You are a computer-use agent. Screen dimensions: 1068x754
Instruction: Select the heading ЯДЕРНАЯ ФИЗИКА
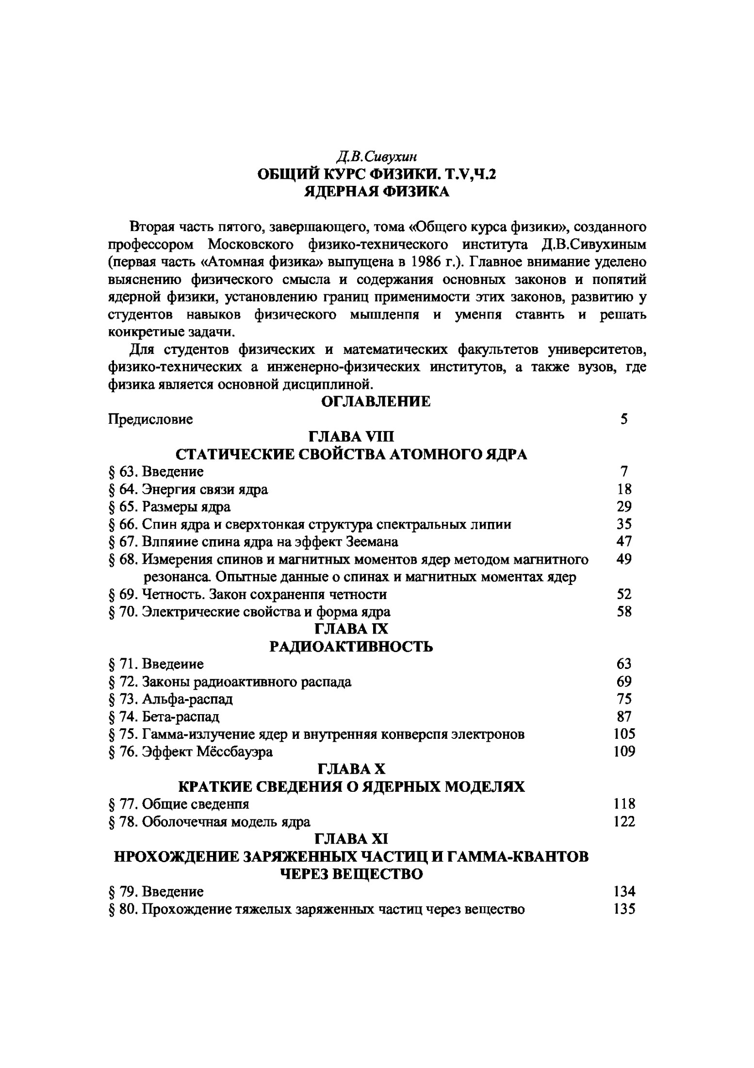click(x=377, y=191)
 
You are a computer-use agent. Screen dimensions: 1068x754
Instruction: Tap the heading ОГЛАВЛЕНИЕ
click(x=376, y=401)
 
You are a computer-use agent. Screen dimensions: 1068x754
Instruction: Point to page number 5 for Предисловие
click(x=624, y=419)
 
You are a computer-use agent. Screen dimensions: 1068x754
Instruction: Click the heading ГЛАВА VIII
click(x=352, y=436)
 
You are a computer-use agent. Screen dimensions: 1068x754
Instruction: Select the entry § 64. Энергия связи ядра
click(x=188, y=489)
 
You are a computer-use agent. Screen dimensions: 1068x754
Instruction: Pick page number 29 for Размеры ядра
click(x=624, y=506)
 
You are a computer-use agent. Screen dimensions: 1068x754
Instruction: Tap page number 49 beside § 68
click(x=624, y=559)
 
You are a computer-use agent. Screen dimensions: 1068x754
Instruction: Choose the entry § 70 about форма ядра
click(x=249, y=612)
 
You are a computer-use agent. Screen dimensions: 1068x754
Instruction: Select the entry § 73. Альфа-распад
click(x=171, y=699)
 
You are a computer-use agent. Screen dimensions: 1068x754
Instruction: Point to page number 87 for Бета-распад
click(x=624, y=717)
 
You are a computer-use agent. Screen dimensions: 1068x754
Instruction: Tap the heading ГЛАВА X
click(x=351, y=769)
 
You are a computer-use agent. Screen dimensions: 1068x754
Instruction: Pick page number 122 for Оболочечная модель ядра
click(x=624, y=821)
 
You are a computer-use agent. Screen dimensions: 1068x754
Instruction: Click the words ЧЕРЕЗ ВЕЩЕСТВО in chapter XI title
click(x=352, y=874)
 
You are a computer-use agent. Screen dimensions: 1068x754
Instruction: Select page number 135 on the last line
click(x=624, y=909)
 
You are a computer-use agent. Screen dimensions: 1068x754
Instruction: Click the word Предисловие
click(x=150, y=419)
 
